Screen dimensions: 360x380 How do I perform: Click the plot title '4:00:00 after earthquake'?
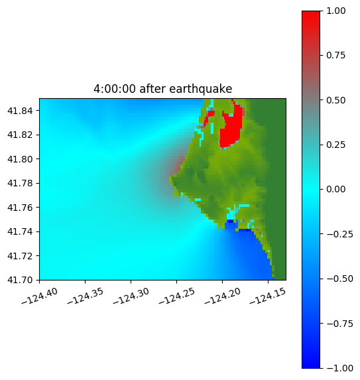[x=163, y=89]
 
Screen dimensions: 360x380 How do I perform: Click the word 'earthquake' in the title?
[x=201, y=89]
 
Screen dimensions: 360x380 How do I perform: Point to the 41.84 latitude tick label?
[x=20, y=111]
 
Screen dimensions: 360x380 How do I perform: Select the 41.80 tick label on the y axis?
[x=20, y=159]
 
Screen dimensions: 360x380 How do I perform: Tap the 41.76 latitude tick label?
[x=20, y=208]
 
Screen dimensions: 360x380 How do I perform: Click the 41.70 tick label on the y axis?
[x=20, y=280]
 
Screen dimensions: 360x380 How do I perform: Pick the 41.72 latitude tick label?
[x=20, y=256]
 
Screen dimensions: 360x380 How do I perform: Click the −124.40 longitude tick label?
[x=40, y=296]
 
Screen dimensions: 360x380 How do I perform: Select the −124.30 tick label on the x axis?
[x=131, y=296]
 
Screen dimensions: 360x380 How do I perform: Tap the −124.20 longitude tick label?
[x=222, y=296]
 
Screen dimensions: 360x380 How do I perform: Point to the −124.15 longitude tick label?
[x=268, y=296]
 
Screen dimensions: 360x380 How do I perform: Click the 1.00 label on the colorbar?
[x=335, y=11]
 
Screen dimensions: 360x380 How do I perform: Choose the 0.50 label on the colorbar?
[x=335, y=100]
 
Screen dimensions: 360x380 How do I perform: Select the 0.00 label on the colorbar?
[x=335, y=190]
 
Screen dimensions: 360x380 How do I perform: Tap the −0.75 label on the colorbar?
[x=339, y=324]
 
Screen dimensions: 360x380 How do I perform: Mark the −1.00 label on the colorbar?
[x=339, y=368]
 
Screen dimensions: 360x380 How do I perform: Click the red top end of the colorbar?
[x=311, y=15]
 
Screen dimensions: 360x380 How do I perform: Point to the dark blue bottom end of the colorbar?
[x=311, y=364]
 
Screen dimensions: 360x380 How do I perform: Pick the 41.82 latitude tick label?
[x=20, y=135]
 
